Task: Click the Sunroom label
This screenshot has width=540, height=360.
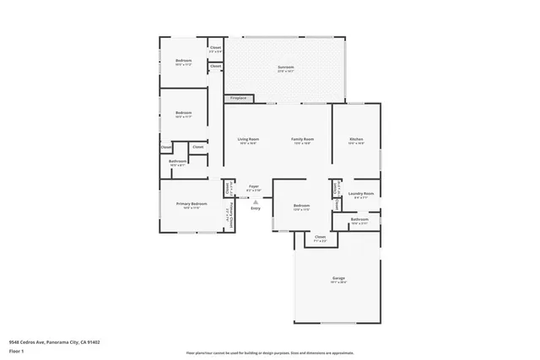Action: pyautogui.click(x=287, y=68)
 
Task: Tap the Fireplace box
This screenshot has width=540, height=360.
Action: pyautogui.click(x=239, y=98)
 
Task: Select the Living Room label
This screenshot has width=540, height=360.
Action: pyautogui.click(x=247, y=140)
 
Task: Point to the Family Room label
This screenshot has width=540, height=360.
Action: pyautogui.click(x=303, y=140)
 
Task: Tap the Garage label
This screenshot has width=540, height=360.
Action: pyautogui.click(x=338, y=279)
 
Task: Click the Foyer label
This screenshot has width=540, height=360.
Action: pyautogui.click(x=253, y=187)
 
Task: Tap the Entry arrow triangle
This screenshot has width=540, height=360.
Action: pyautogui.click(x=255, y=201)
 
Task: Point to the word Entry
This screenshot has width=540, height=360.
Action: pyautogui.click(x=255, y=208)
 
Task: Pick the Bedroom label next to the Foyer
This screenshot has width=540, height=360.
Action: pyautogui.click(x=302, y=207)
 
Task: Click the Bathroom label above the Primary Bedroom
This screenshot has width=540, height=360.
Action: pyautogui.click(x=177, y=162)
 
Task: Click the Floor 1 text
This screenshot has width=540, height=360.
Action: pyautogui.click(x=17, y=350)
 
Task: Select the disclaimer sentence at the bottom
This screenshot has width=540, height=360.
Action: pyautogui.click(x=270, y=351)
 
